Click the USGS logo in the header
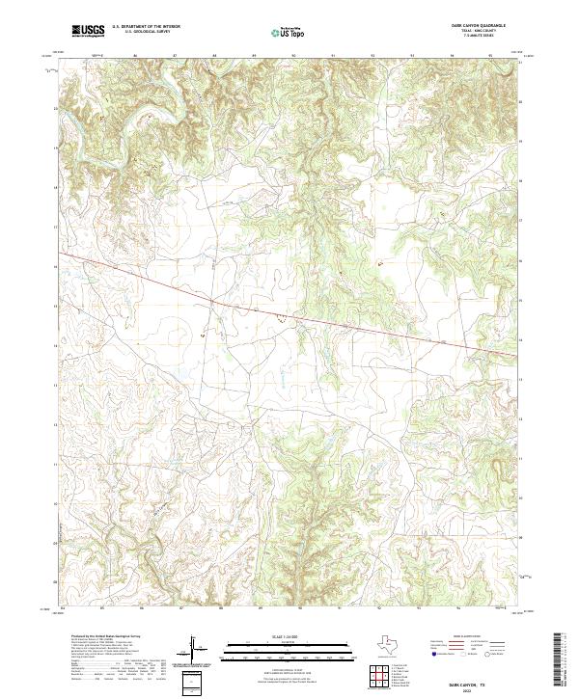click(x=88, y=30)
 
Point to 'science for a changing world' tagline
click(x=88, y=38)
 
